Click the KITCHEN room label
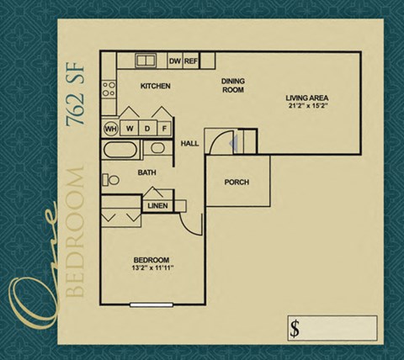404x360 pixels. point(156,86)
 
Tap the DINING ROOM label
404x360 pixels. point(233,85)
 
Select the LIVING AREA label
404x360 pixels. point(306,98)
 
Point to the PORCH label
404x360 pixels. point(237,183)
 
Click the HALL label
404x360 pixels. point(189,144)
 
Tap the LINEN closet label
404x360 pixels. point(157,205)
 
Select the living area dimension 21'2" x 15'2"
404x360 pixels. point(306,107)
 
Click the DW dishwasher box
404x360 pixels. point(175,61)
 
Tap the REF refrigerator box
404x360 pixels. point(191,61)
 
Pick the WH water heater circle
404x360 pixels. point(110,129)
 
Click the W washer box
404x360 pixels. point(130,129)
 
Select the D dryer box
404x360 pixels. point(147,129)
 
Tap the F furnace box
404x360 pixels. point(165,129)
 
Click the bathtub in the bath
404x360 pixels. point(121,152)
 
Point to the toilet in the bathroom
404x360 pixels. point(109,178)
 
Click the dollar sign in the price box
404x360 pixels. point(295,327)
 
